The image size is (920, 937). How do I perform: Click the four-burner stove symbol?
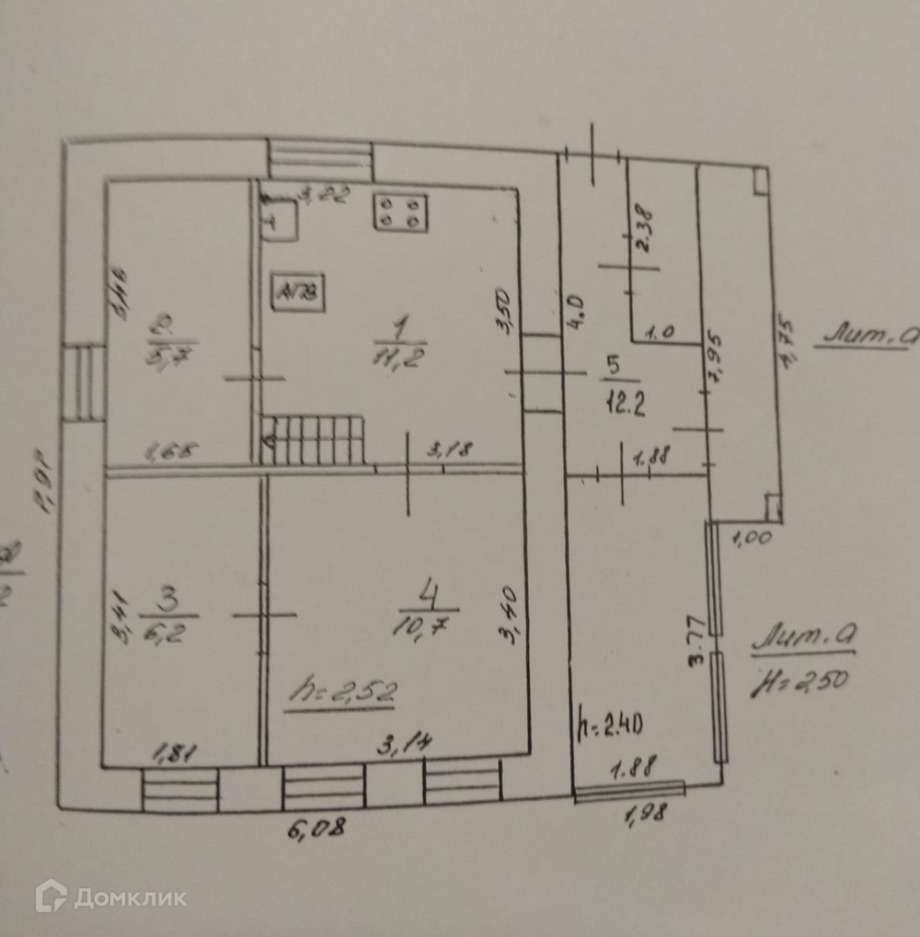pyautogui.click(x=400, y=211)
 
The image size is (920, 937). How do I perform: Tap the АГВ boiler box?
pyautogui.click(x=297, y=293)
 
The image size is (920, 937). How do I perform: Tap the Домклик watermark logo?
pyautogui.click(x=110, y=897)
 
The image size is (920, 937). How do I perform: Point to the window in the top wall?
pyautogui.click(x=320, y=160)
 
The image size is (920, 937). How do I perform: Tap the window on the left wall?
pyautogui.click(x=84, y=382)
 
